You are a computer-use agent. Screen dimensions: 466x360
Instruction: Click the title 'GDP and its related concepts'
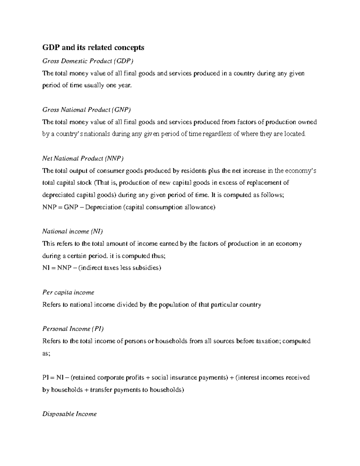coord(93,47)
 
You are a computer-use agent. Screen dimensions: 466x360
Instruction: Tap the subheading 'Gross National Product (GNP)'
coord(87,110)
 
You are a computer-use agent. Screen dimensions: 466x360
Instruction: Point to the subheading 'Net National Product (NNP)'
coord(83,158)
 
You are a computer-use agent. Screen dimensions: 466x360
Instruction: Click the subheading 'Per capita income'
coord(68,292)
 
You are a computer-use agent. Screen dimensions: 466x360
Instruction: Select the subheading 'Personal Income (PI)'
coord(73,329)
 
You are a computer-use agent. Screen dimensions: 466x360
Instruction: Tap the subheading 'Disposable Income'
coord(69,414)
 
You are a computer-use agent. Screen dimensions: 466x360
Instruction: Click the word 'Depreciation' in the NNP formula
coord(103,207)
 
